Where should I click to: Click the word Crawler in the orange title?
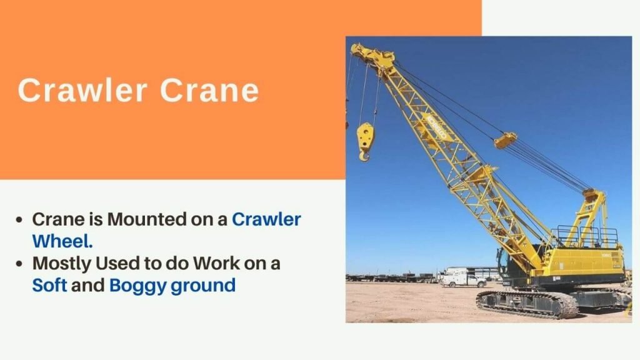[x=82, y=90]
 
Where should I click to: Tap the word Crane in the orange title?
[x=209, y=90]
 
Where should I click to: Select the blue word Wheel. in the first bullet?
[x=62, y=241]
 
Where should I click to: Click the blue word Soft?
[x=49, y=285]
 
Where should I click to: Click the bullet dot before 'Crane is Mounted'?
[x=19, y=220]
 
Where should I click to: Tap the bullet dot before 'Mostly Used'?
[x=19, y=264]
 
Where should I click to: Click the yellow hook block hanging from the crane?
[x=365, y=141]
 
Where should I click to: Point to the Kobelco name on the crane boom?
[x=436, y=127]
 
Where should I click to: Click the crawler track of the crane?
[x=527, y=304]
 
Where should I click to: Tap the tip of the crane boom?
[x=354, y=48]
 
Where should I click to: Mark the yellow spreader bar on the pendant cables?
[x=505, y=141]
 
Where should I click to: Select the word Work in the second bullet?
[x=216, y=263]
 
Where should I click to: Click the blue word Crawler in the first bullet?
[x=266, y=219]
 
